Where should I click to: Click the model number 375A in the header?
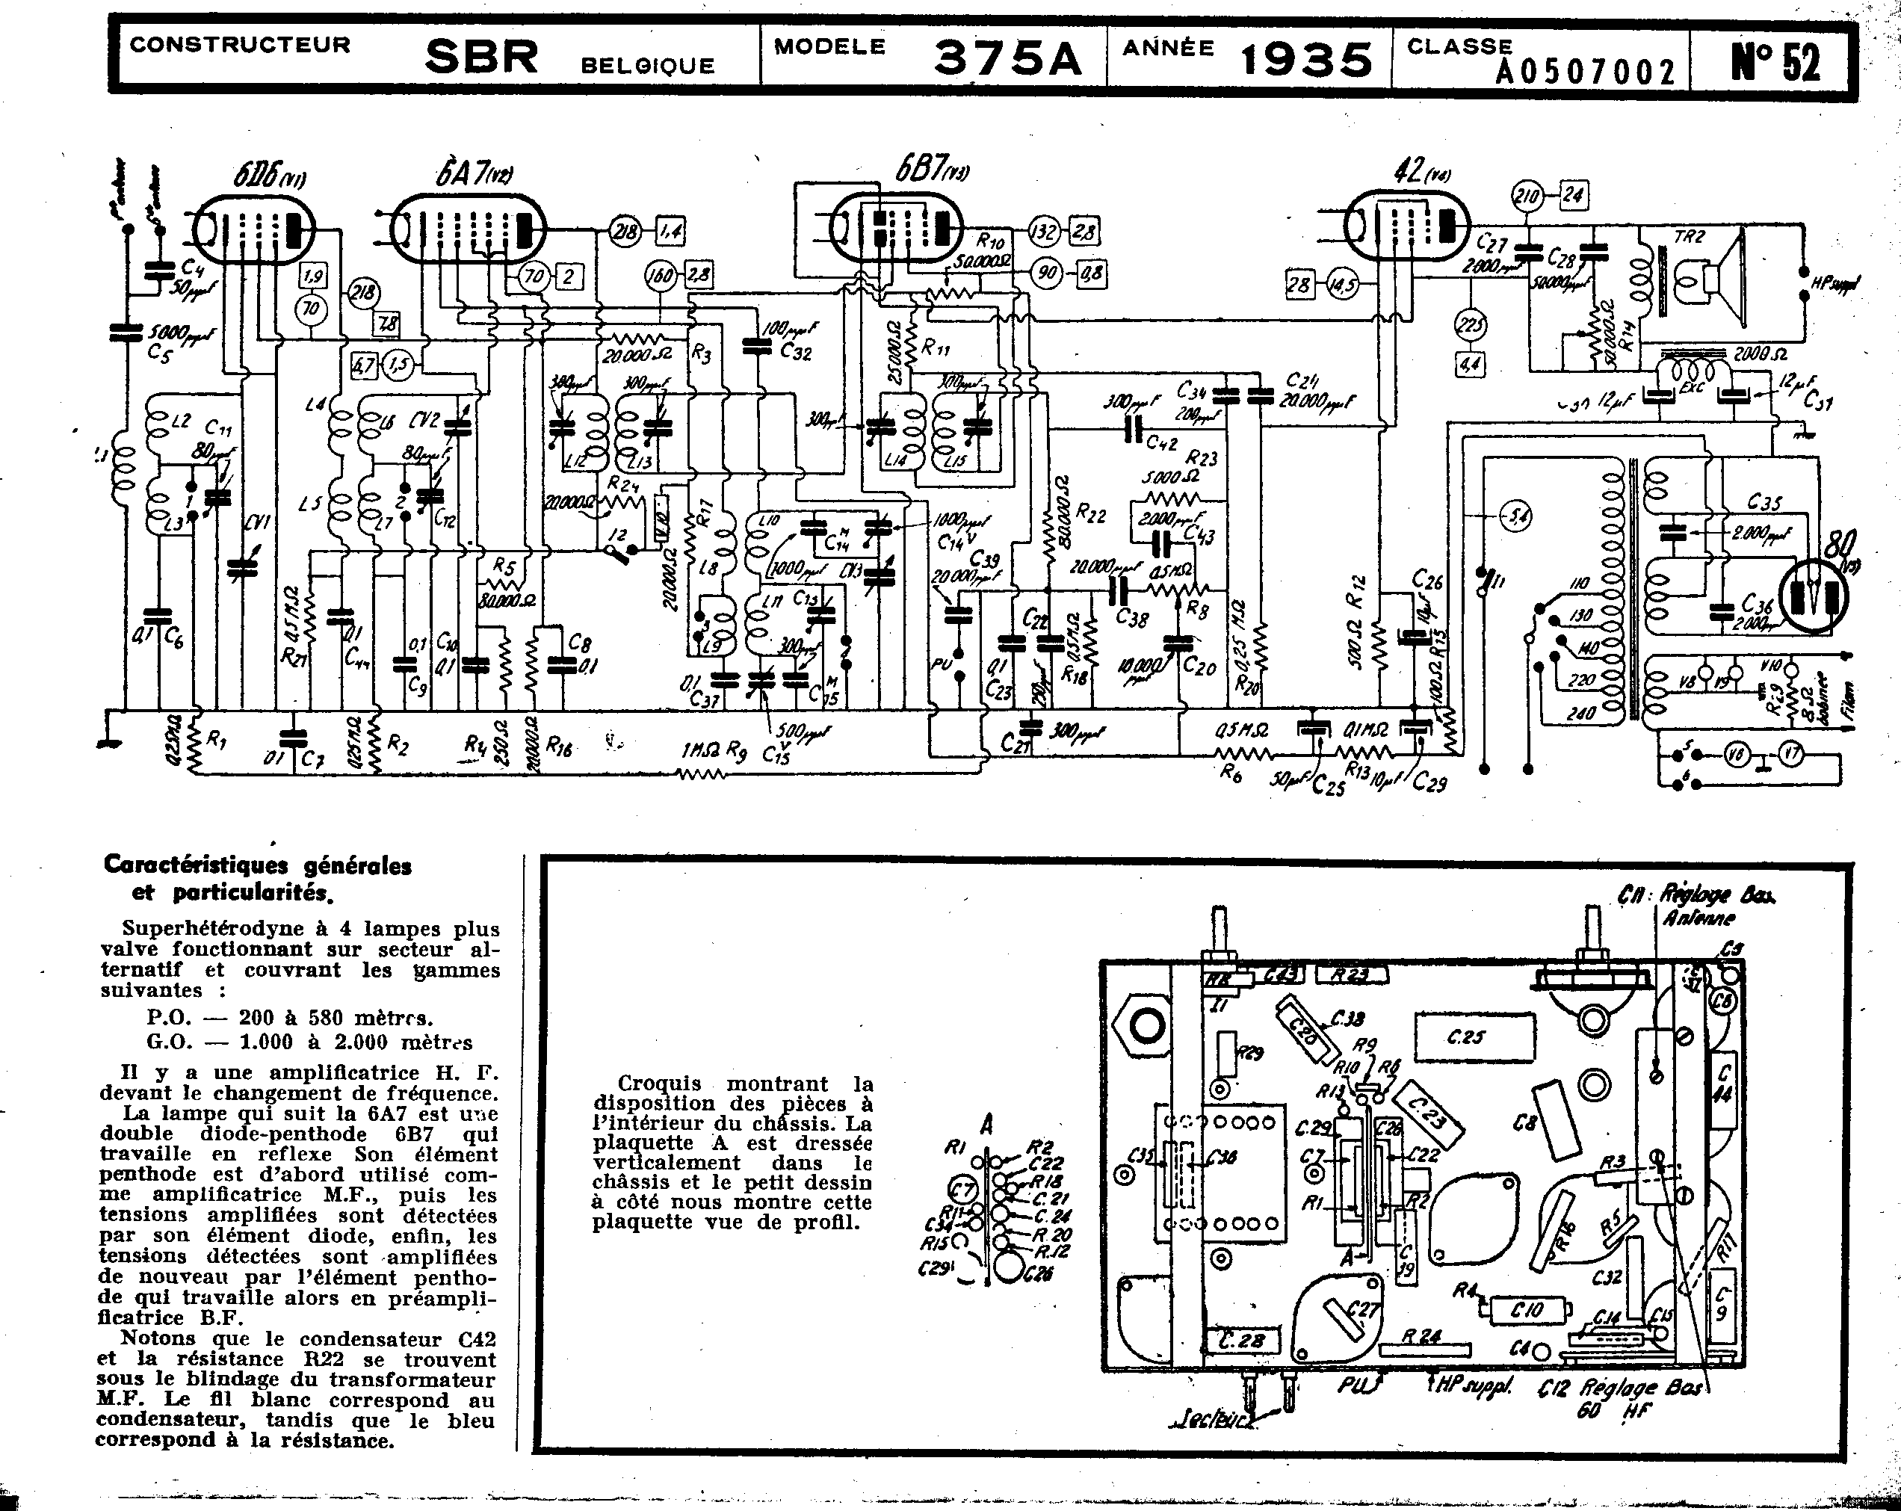[1007, 58]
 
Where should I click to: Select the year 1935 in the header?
[1307, 60]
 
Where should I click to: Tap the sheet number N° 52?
[1775, 62]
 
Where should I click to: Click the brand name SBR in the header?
[481, 58]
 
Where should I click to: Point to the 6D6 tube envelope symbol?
[254, 229]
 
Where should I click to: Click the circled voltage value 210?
[1527, 195]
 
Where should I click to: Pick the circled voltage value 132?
[1044, 232]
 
